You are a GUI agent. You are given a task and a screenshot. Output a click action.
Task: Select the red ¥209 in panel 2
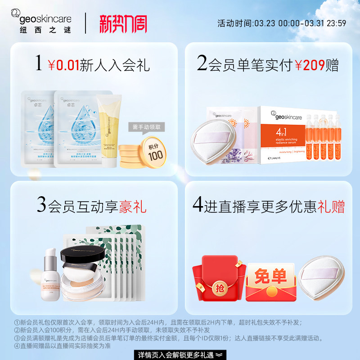click(310, 65)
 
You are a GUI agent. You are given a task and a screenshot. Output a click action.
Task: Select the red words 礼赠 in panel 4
click(331, 207)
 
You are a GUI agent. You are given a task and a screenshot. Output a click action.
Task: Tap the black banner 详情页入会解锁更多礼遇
click(180, 355)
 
